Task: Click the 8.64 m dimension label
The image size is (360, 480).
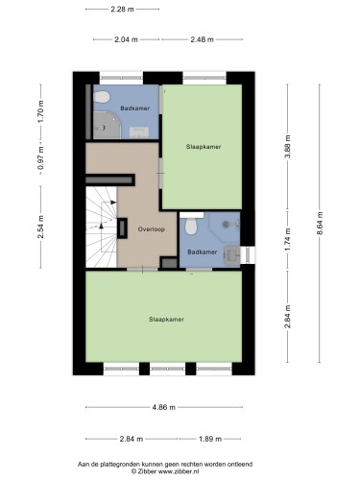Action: click(320, 224)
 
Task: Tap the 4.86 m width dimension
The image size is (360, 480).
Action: click(163, 407)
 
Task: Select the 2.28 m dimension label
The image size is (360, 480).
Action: click(122, 10)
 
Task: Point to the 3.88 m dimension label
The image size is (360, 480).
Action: click(288, 147)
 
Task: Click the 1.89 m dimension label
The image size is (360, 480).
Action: click(210, 439)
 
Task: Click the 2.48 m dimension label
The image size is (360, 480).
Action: click(202, 39)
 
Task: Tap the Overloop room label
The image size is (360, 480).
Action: click(152, 229)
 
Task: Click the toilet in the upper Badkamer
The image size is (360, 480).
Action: click(102, 97)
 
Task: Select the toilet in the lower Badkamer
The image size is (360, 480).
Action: click(191, 226)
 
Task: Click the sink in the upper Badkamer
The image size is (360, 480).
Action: click(139, 132)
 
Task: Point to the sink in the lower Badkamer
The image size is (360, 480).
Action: click(232, 254)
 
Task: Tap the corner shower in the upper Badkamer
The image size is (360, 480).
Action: click(107, 126)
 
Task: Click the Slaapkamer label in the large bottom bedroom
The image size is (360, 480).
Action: click(166, 319)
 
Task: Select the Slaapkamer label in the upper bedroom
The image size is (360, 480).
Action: click(204, 147)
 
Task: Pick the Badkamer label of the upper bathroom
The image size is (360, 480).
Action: click(134, 108)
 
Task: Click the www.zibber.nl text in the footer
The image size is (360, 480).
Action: click(179, 471)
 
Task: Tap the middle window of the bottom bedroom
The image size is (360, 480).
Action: click(168, 369)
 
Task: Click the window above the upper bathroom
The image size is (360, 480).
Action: click(121, 78)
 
